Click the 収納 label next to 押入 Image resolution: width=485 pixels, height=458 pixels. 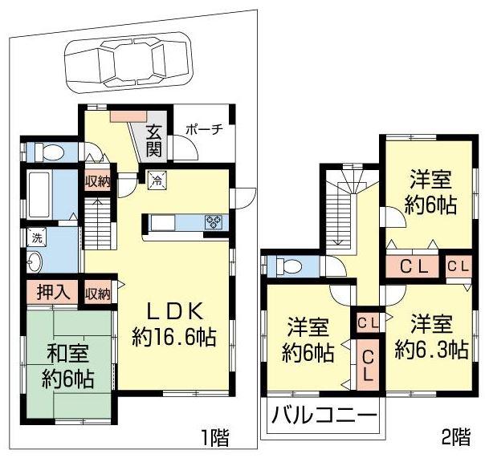pyautogui.click(x=98, y=294)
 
